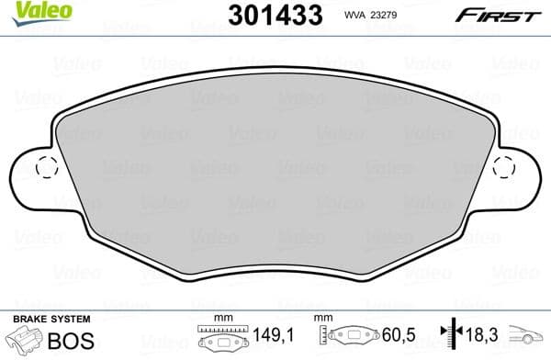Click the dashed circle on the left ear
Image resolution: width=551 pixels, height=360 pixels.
46,167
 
